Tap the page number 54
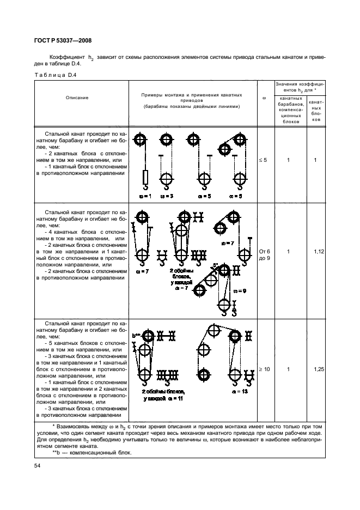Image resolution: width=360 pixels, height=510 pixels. point(38,466)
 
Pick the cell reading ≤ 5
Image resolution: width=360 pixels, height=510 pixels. point(264,160)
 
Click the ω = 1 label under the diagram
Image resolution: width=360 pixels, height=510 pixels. point(144,195)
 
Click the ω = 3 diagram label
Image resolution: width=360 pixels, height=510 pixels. point(167,195)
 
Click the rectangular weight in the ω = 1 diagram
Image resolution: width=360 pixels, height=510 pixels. point(145,178)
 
